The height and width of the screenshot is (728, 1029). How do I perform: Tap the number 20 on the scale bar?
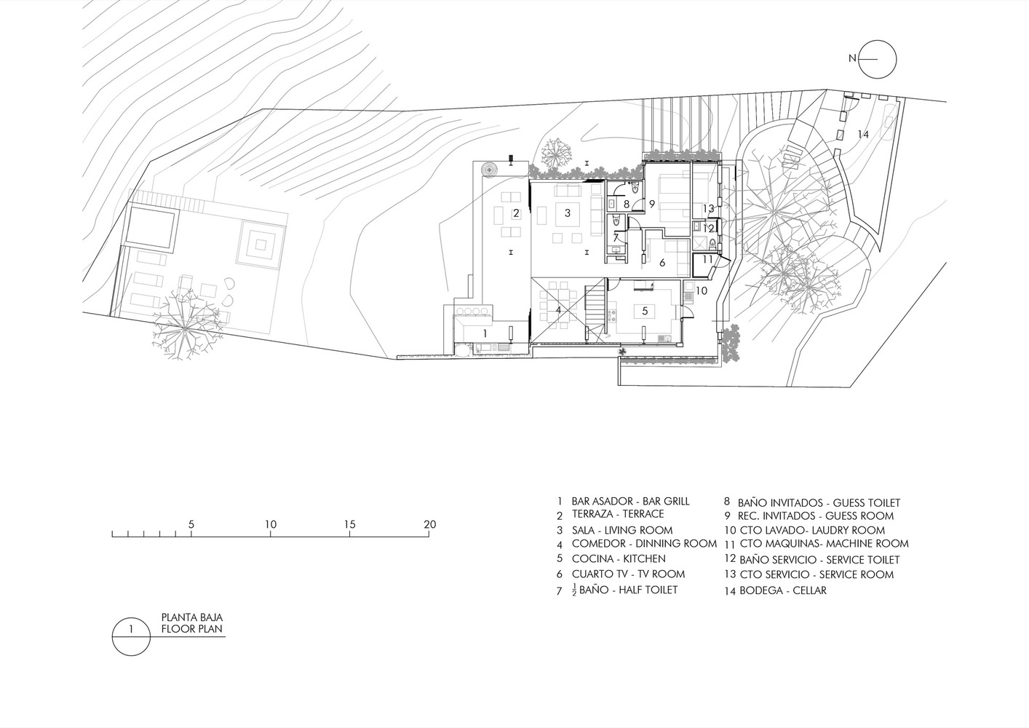tap(430, 524)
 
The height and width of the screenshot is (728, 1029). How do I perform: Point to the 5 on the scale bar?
tap(191, 524)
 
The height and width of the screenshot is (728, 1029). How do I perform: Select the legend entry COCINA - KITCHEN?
tap(619, 559)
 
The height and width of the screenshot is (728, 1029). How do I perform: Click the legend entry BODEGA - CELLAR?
tap(783, 590)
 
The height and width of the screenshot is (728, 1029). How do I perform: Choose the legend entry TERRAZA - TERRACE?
tap(618, 514)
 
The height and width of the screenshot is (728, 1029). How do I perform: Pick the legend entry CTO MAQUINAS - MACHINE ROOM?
tap(824, 544)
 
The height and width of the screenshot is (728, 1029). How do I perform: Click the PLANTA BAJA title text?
tap(191, 617)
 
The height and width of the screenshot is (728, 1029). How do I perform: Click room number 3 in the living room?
tap(568, 213)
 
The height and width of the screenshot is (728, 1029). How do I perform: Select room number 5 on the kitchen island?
tap(645, 311)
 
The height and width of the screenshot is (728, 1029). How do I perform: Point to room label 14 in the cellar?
tap(863, 135)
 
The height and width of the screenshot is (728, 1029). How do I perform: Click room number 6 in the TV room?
tap(662, 263)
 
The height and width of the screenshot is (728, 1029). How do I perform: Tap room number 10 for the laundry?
tap(702, 290)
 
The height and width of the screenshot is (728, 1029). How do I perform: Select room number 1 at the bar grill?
tap(485, 332)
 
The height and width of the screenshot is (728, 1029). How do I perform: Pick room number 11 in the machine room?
tap(707, 259)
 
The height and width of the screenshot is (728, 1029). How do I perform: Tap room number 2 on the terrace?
tap(516, 213)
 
